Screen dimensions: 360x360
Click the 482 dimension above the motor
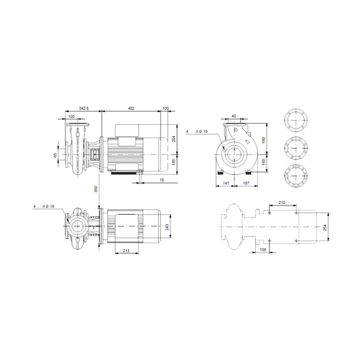point(131,108)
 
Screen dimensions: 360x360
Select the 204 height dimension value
point(174,139)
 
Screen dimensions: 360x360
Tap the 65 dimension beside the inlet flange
point(55,155)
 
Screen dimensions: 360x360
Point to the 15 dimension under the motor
point(162,180)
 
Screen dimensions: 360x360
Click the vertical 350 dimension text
point(96,189)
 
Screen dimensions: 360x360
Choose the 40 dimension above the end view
point(234,116)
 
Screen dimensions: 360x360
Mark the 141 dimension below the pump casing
point(226,183)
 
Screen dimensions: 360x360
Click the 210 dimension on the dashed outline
point(282,203)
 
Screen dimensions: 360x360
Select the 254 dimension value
point(325,228)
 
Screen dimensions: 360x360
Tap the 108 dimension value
point(263,249)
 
